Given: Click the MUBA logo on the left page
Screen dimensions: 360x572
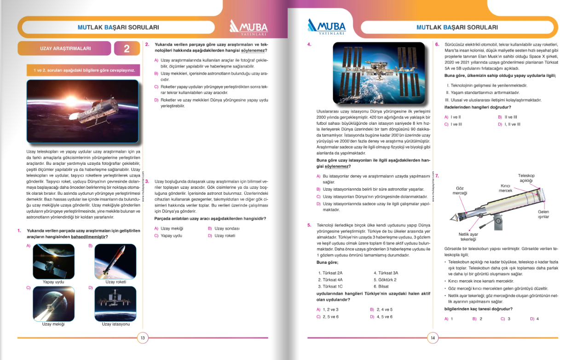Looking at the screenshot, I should click(x=248, y=28).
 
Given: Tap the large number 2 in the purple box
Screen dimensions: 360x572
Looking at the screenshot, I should click(x=127, y=49).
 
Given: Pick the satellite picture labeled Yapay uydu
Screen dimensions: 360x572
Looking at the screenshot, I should click(x=53, y=261).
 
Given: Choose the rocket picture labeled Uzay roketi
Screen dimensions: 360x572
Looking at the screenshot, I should click(x=116, y=261).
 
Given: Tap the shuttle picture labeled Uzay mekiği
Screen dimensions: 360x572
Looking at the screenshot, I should click(x=53, y=303).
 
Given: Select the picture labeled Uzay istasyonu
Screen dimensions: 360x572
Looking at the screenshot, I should click(x=116, y=303).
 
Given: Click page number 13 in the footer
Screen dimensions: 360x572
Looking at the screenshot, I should click(x=143, y=338).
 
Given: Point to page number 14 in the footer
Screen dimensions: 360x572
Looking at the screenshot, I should click(x=433, y=338).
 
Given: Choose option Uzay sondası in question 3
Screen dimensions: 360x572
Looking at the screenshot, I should click(x=227, y=228).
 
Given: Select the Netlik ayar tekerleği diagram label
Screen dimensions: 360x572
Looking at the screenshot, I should click(x=468, y=237).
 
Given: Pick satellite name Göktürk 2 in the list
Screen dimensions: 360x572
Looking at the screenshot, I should click(x=385, y=279).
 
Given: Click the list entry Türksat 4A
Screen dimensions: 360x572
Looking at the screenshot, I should click(x=330, y=279).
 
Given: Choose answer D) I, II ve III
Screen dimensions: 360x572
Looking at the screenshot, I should click(x=509, y=124).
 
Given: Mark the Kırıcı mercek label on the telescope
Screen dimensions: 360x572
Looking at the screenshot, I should click(x=505, y=188).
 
